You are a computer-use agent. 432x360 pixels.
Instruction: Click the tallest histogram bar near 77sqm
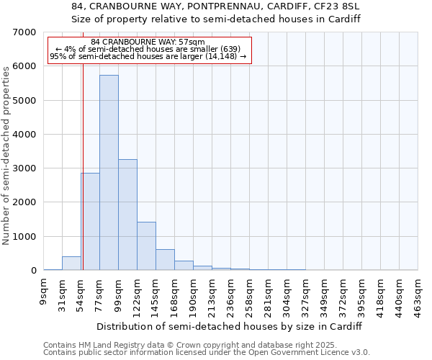(109, 173)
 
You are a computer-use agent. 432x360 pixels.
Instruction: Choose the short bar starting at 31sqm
(71, 264)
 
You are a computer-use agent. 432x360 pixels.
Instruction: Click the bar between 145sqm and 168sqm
(165, 260)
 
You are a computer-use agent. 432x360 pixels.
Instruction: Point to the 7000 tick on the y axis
(24, 32)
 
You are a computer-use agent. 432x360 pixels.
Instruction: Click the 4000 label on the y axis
(24, 135)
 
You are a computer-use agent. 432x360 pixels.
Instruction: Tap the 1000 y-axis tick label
(24, 237)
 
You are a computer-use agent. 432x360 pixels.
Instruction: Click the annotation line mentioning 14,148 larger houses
(148, 56)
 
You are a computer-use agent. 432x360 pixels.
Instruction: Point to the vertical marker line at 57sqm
(83, 180)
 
